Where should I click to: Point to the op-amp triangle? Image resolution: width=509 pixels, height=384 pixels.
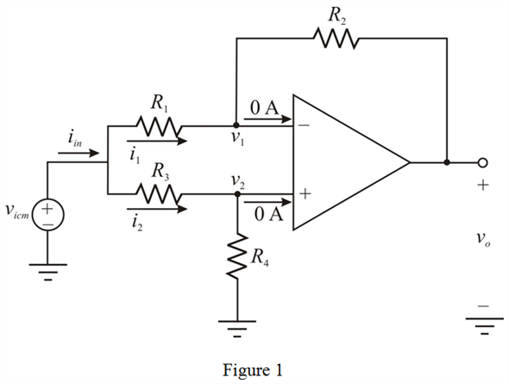coord(345,161)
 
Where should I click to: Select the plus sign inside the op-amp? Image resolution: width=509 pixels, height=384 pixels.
coord(305,195)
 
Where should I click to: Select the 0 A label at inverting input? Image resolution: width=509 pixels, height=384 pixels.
coord(263,108)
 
